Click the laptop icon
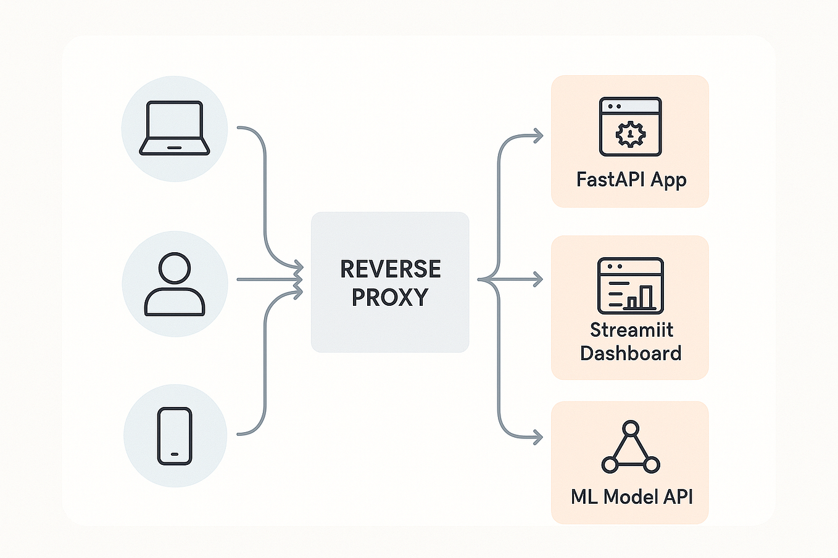(x=175, y=128)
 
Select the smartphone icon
(x=175, y=435)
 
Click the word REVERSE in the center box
(x=390, y=269)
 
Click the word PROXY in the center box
(x=389, y=297)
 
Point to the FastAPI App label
(x=631, y=179)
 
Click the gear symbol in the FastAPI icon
(x=630, y=133)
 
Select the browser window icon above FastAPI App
(x=630, y=126)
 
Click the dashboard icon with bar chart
(x=630, y=285)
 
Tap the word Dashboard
(x=631, y=353)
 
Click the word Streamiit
(x=631, y=330)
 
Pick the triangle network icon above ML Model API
(x=630, y=448)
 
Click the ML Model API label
(x=631, y=496)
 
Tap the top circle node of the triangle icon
(x=630, y=428)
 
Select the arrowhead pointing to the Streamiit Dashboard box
(x=538, y=280)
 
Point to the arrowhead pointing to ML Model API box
(x=538, y=438)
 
